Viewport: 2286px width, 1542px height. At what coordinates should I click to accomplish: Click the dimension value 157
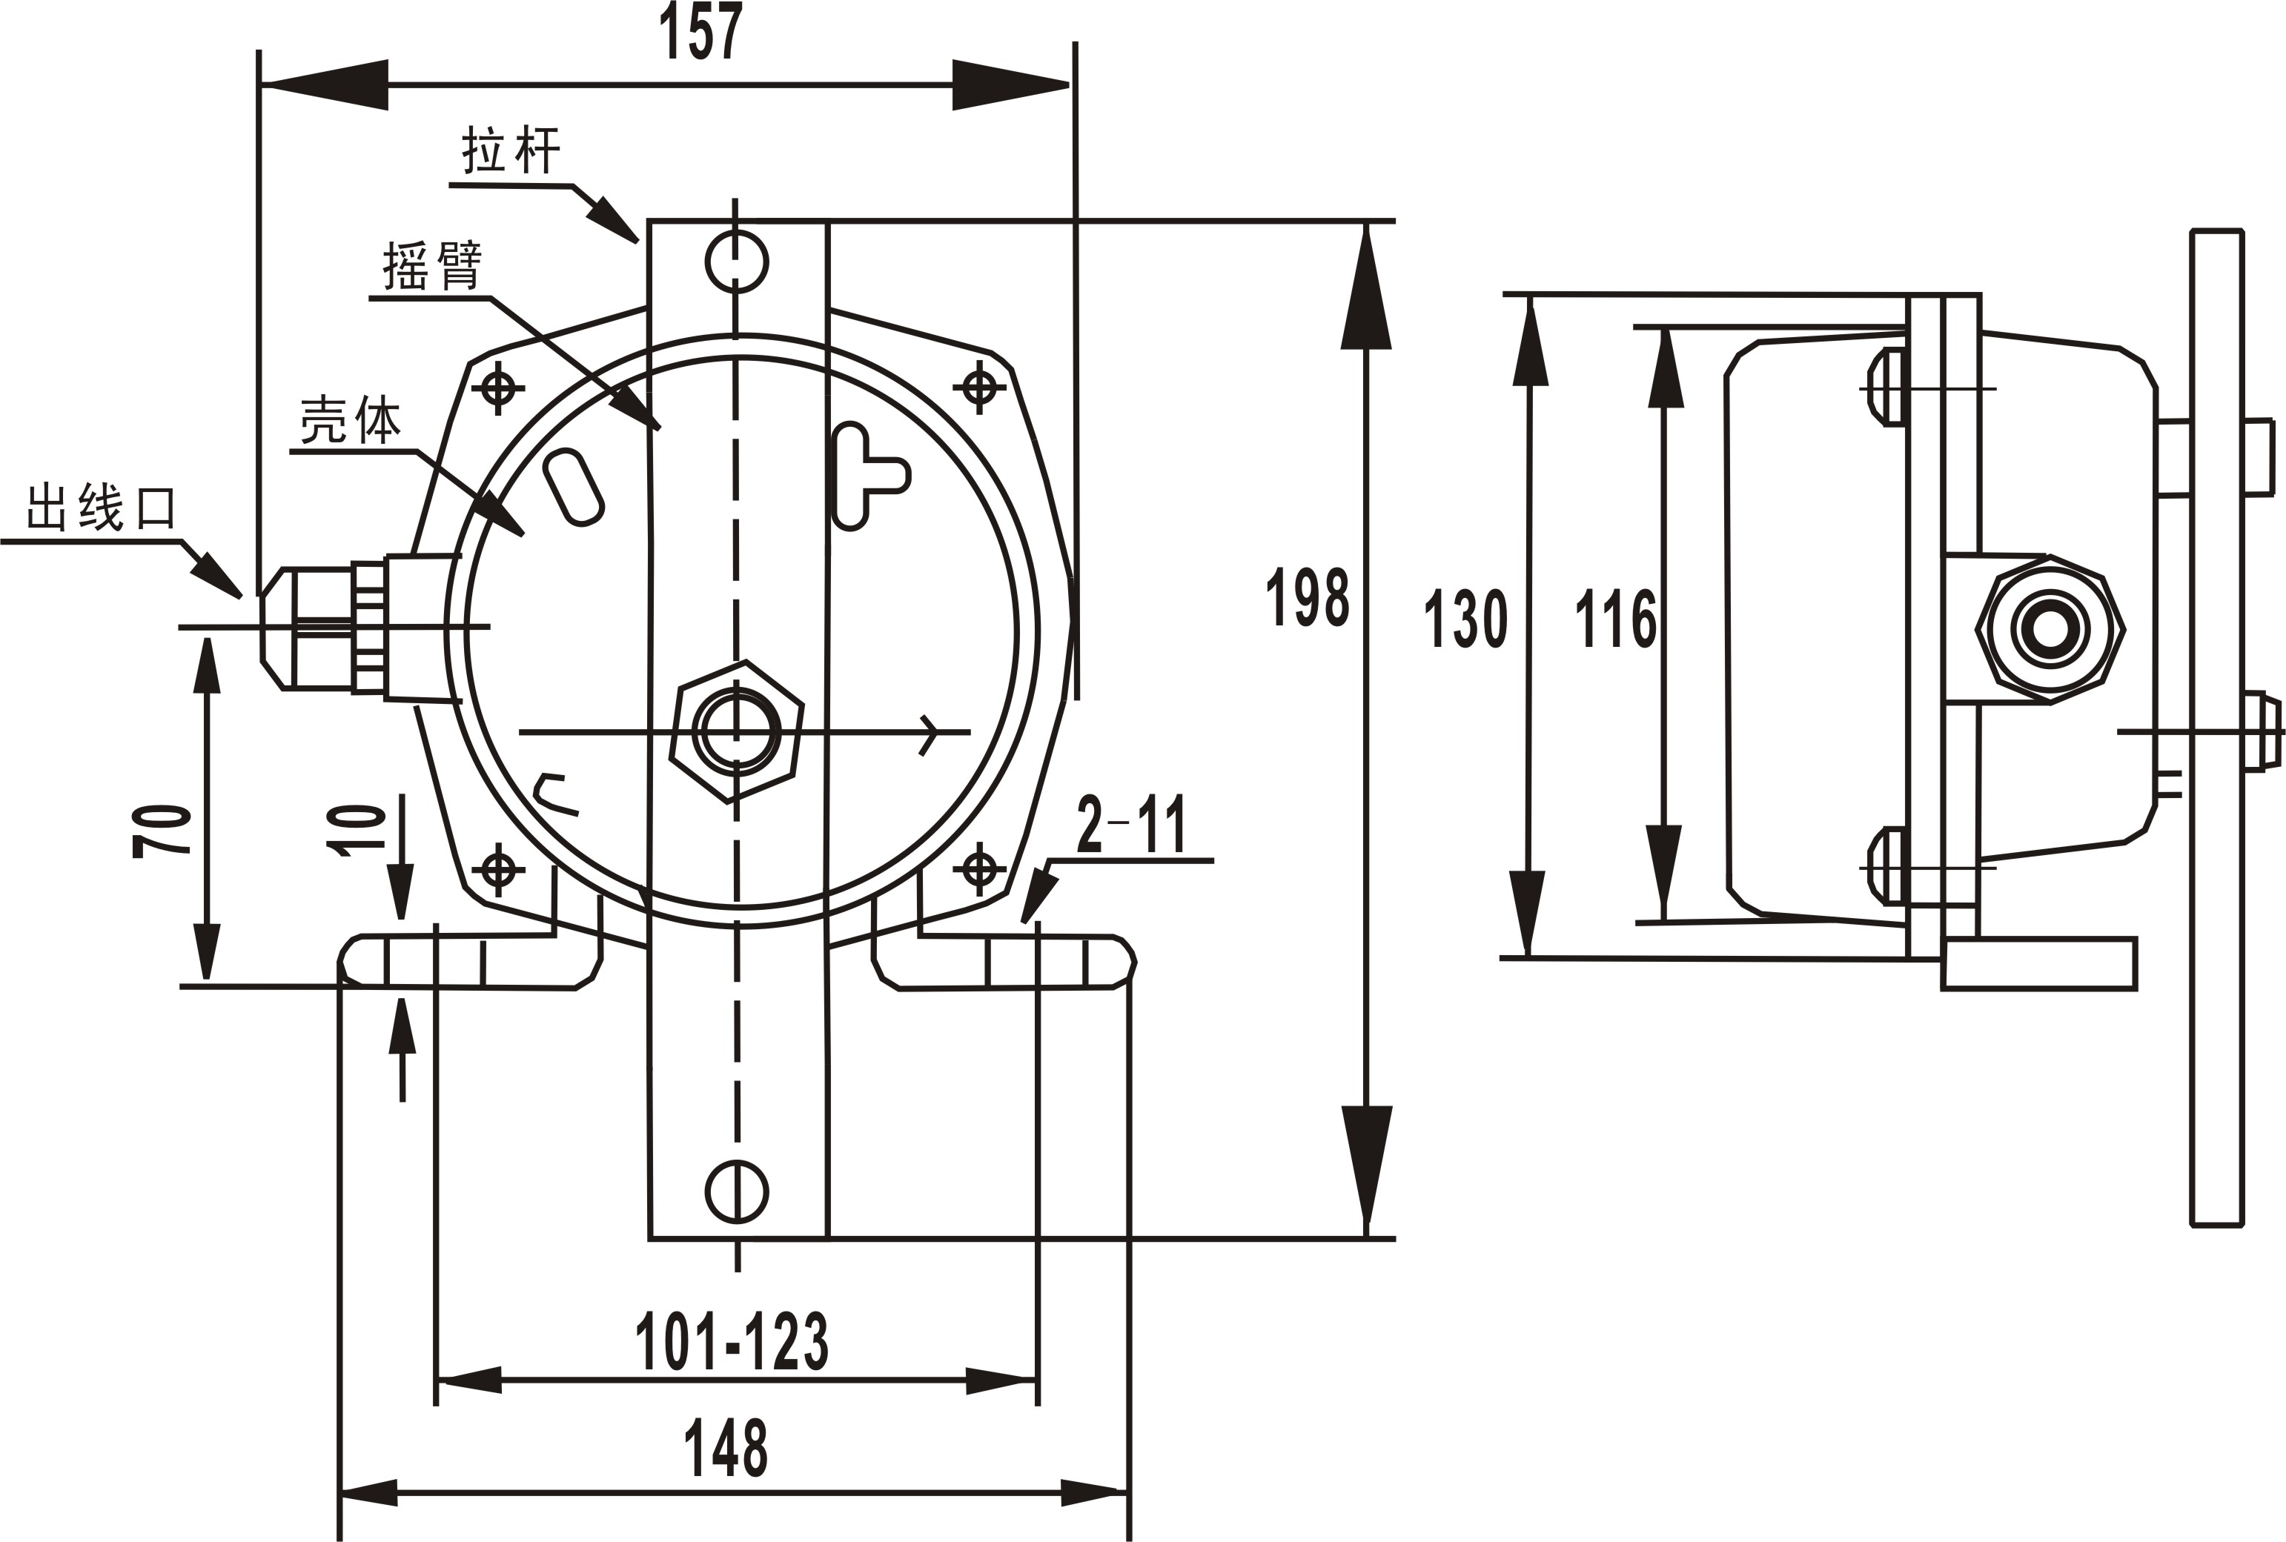tap(700, 33)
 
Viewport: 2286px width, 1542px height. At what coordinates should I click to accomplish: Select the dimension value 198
tap(1306, 597)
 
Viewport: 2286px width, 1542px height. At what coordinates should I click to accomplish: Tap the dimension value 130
tap(1465, 619)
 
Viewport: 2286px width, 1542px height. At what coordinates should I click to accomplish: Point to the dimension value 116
tap(1615, 619)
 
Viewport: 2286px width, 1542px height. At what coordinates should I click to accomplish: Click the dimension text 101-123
tap(731, 1341)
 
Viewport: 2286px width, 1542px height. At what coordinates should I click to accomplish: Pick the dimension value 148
tap(726, 1446)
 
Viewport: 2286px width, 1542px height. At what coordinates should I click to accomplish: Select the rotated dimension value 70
tap(162, 831)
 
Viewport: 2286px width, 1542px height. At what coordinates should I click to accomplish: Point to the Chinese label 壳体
tap(350, 421)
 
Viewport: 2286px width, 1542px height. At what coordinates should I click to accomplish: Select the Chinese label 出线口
tap(102, 508)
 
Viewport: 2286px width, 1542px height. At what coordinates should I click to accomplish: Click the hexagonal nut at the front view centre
tap(737, 731)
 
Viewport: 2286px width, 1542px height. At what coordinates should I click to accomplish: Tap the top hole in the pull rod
tap(737, 261)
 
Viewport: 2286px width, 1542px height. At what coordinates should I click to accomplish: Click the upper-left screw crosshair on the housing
tap(499, 388)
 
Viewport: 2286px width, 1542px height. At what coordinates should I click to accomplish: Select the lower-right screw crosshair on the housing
tap(978, 868)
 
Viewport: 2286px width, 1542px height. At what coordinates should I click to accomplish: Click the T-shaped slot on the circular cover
tap(866, 477)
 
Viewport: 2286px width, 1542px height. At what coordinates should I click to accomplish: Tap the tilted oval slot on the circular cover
tap(574, 487)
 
